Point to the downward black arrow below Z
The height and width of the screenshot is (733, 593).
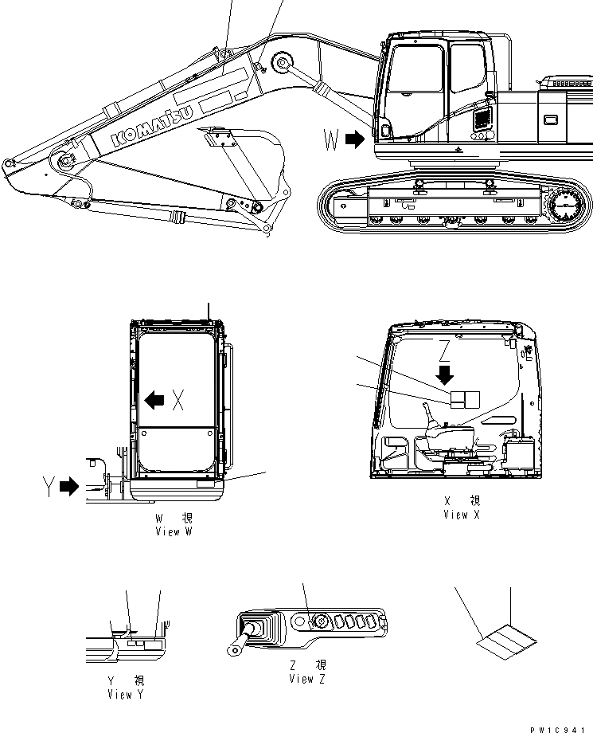click(445, 374)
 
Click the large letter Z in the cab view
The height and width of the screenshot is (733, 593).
click(446, 348)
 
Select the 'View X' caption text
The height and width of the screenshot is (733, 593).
click(462, 508)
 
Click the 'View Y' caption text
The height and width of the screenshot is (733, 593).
click(125, 688)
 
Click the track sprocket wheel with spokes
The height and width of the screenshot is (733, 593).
click(564, 207)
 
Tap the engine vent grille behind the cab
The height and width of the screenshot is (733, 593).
click(481, 120)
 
